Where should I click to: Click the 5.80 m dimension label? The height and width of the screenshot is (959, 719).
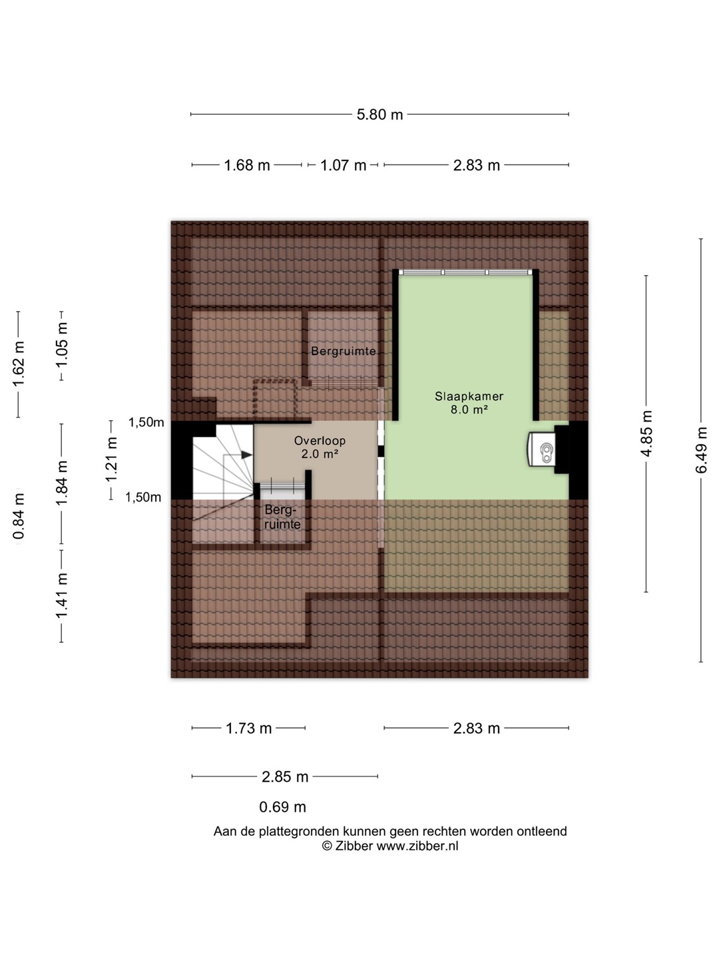click(x=379, y=115)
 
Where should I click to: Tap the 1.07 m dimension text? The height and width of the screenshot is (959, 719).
click(x=343, y=166)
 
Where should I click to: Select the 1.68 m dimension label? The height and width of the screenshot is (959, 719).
click(x=246, y=166)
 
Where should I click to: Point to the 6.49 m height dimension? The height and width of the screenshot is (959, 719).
click(x=701, y=450)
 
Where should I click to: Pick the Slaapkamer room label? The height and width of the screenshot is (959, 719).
click(x=469, y=396)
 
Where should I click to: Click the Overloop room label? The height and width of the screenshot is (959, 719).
click(x=320, y=441)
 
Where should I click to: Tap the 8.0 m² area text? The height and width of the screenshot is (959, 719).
click(x=469, y=410)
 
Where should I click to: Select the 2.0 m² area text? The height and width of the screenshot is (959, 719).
click(x=320, y=454)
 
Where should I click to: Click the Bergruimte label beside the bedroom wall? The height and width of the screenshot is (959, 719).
click(x=343, y=351)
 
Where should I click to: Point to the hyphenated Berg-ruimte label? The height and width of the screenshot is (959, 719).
click(x=282, y=517)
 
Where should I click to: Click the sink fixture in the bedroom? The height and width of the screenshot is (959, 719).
click(x=541, y=450)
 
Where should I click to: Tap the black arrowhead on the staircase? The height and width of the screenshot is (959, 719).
click(x=246, y=455)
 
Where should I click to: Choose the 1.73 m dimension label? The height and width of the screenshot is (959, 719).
click(x=248, y=729)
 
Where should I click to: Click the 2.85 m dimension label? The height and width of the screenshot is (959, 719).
click(x=285, y=777)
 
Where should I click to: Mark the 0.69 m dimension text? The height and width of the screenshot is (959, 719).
click(x=282, y=807)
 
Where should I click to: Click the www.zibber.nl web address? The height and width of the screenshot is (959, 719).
click(x=417, y=846)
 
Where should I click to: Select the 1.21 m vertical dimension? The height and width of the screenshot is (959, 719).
click(x=111, y=459)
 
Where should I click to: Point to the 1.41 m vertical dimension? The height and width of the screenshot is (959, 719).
click(x=61, y=595)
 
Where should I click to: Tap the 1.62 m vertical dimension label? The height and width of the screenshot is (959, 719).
click(x=18, y=364)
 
